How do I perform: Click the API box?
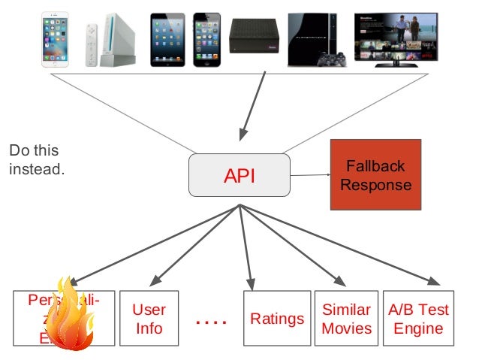tap(239, 176)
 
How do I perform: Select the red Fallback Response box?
tap(375, 174)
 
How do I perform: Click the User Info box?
tap(149, 319)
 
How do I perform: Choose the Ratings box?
tap(277, 319)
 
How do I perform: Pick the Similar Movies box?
tap(346, 319)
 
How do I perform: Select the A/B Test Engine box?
tap(418, 319)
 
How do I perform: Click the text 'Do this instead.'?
tap(37, 160)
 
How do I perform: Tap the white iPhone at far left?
tap(55, 39)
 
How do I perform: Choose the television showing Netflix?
tap(396, 38)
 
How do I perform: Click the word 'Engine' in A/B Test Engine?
tap(418, 328)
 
